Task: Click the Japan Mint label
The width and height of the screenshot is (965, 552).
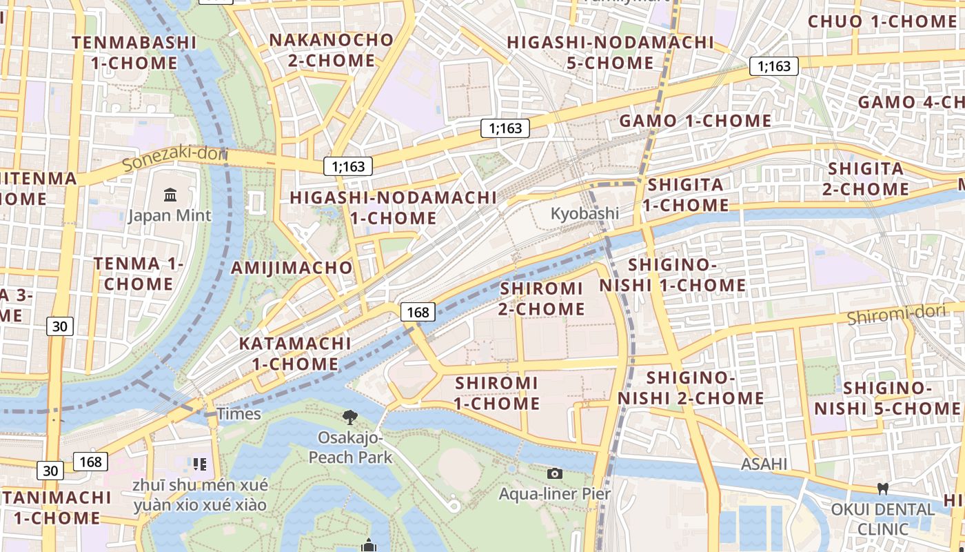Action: click(170, 215)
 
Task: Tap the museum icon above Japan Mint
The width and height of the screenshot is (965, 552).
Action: click(170, 195)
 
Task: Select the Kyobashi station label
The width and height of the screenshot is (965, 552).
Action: click(585, 213)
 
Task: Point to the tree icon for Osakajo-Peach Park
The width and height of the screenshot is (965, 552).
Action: click(350, 416)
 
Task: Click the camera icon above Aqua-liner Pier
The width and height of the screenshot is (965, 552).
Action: click(555, 473)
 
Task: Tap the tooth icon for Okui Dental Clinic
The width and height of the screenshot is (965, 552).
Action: click(882, 489)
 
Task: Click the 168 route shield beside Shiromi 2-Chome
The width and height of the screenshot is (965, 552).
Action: click(418, 312)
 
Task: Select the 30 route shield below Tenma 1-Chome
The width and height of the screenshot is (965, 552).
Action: click(60, 326)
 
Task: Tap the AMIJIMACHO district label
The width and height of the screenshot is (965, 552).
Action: click(292, 268)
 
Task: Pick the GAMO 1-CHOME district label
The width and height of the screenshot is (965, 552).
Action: click(695, 121)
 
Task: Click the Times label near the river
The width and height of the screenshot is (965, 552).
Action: click(238, 414)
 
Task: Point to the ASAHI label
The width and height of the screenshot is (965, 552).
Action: click(764, 464)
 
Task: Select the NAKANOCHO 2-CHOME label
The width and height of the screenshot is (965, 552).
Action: click(331, 50)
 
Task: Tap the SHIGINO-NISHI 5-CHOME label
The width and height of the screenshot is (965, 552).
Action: click(887, 398)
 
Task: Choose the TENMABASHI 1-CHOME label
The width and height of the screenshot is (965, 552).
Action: click(134, 53)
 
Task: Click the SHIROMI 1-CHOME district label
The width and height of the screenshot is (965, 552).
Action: click(497, 393)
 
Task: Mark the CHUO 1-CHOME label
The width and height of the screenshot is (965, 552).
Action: click(882, 21)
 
